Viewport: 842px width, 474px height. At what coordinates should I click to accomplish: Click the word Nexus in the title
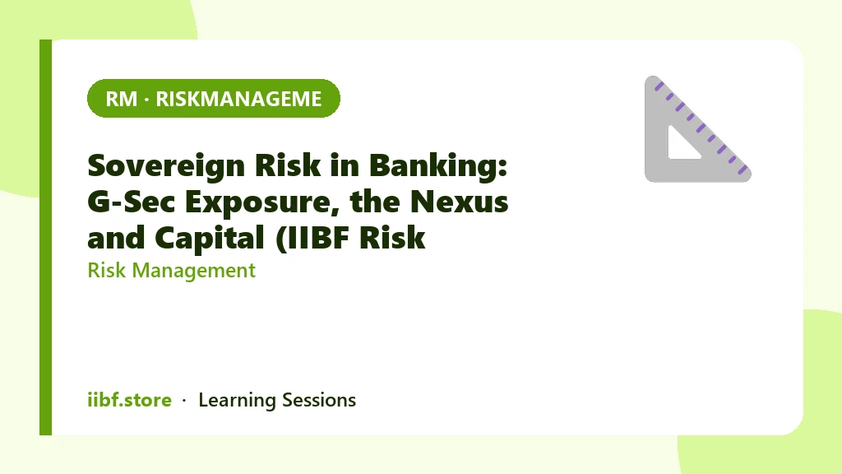coord(459,202)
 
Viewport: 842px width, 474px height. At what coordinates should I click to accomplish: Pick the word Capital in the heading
coord(210,238)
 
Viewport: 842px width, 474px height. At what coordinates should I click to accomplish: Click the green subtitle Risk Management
coord(171,270)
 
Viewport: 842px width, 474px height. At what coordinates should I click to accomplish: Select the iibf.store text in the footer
coord(129,400)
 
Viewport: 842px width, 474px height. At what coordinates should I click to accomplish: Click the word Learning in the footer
coord(237,401)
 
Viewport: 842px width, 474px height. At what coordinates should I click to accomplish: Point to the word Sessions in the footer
coord(319,400)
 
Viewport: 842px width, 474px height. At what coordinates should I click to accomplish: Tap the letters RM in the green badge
coord(122,99)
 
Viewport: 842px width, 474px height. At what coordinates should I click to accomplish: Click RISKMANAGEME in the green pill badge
coord(239,99)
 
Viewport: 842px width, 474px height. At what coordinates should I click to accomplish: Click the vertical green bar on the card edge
coord(46,237)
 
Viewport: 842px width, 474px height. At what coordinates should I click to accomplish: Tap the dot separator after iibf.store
coord(184,401)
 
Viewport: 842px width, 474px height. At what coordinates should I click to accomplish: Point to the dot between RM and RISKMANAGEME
coord(146,100)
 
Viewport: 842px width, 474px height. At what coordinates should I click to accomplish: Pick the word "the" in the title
coord(375,202)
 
